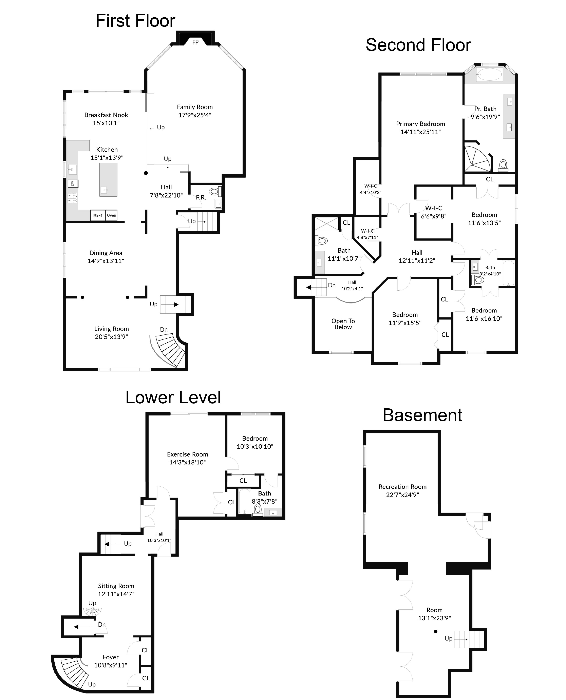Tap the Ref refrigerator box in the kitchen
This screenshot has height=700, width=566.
[98, 215]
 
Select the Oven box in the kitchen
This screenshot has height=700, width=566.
[112, 215]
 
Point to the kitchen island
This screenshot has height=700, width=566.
[108, 180]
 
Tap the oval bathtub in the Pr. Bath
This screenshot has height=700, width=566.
[489, 75]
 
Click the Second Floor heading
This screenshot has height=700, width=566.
[418, 45]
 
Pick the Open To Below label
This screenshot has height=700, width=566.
[343, 324]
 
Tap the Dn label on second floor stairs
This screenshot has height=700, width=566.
[332, 285]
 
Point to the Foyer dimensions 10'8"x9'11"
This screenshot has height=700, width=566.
[111, 665]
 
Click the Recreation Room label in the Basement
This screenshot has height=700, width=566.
[402, 487]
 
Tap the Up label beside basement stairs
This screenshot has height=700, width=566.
[448, 638]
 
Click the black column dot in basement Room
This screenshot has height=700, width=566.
[436, 631]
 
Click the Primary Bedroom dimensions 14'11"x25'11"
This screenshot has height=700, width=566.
[420, 132]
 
